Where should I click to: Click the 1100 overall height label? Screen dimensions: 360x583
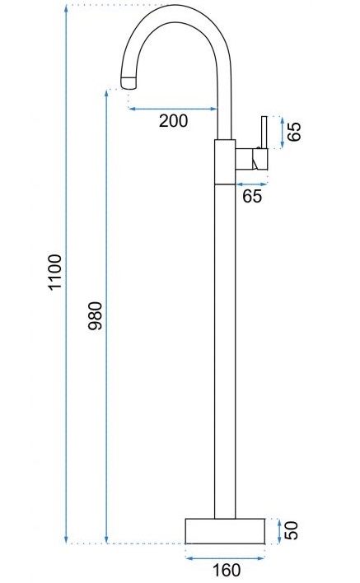(x=55, y=273)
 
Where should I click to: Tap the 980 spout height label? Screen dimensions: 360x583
(x=96, y=316)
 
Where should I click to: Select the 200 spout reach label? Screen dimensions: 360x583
(x=173, y=121)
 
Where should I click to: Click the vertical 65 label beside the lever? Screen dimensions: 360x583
(x=295, y=131)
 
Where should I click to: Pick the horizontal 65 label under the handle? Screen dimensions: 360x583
(x=252, y=196)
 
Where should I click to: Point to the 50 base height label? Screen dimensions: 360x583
(x=292, y=530)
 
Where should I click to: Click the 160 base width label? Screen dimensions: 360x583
(x=227, y=570)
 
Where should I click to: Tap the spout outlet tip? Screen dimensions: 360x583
(x=129, y=82)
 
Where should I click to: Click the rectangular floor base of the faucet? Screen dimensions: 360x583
(x=225, y=531)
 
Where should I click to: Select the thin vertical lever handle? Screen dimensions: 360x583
(x=264, y=133)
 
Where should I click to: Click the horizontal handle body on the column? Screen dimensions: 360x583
(x=252, y=159)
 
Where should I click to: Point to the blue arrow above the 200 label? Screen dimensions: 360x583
(x=172, y=109)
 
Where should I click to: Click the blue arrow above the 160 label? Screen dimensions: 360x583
(x=225, y=558)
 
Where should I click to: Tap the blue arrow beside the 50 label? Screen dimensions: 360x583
(x=279, y=531)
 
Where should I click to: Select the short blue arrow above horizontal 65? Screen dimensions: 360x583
(x=252, y=184)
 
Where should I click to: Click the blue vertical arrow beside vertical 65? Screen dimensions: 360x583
(x=283, y=133)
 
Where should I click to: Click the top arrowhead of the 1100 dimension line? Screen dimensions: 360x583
(x=66, y=8)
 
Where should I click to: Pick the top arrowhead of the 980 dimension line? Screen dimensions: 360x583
(x=106, y=93)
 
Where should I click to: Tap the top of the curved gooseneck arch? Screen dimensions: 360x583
(x=176, y=6)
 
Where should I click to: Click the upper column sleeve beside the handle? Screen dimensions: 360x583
(x=225, y=162)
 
